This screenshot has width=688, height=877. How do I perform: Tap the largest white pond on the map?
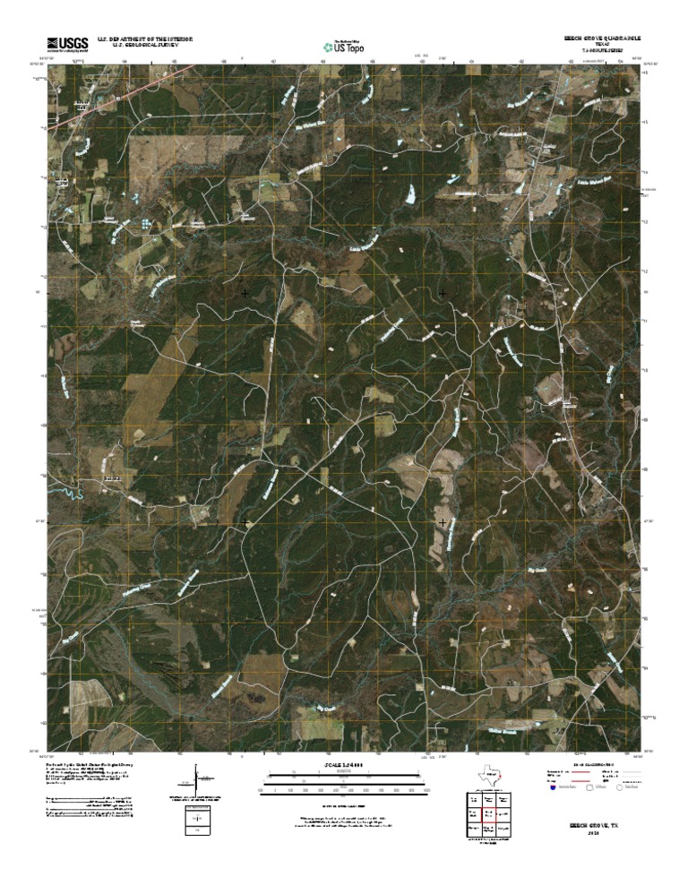[x=411, y=192]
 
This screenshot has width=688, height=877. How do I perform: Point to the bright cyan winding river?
[x=67, y=490]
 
